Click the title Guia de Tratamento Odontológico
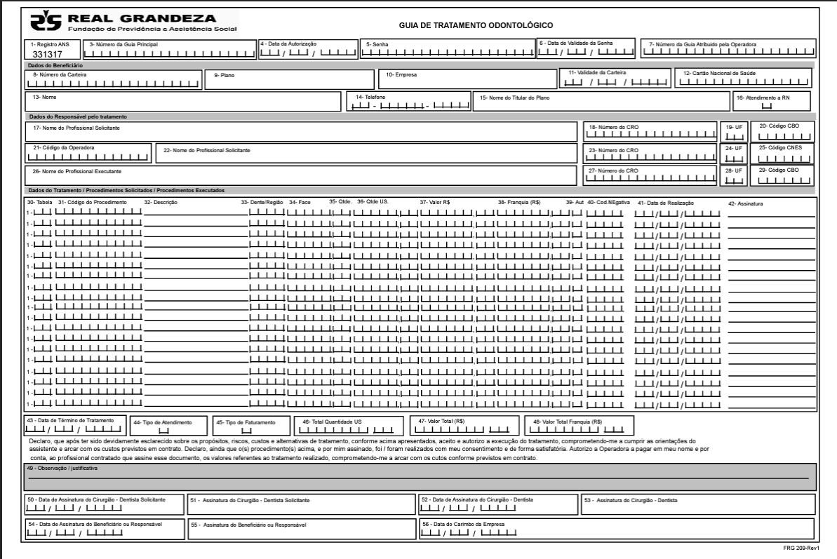pos(476,25)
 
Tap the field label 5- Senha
pos(372,43)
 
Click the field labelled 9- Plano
pos(289,79)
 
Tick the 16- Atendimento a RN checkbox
pos(766,106)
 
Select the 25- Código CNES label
pos(778,147)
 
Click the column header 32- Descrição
pos(161,202)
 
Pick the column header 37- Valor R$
pos(434,202)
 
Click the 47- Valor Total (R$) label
pos(441,422)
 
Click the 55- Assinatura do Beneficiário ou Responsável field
pos(302,527)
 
